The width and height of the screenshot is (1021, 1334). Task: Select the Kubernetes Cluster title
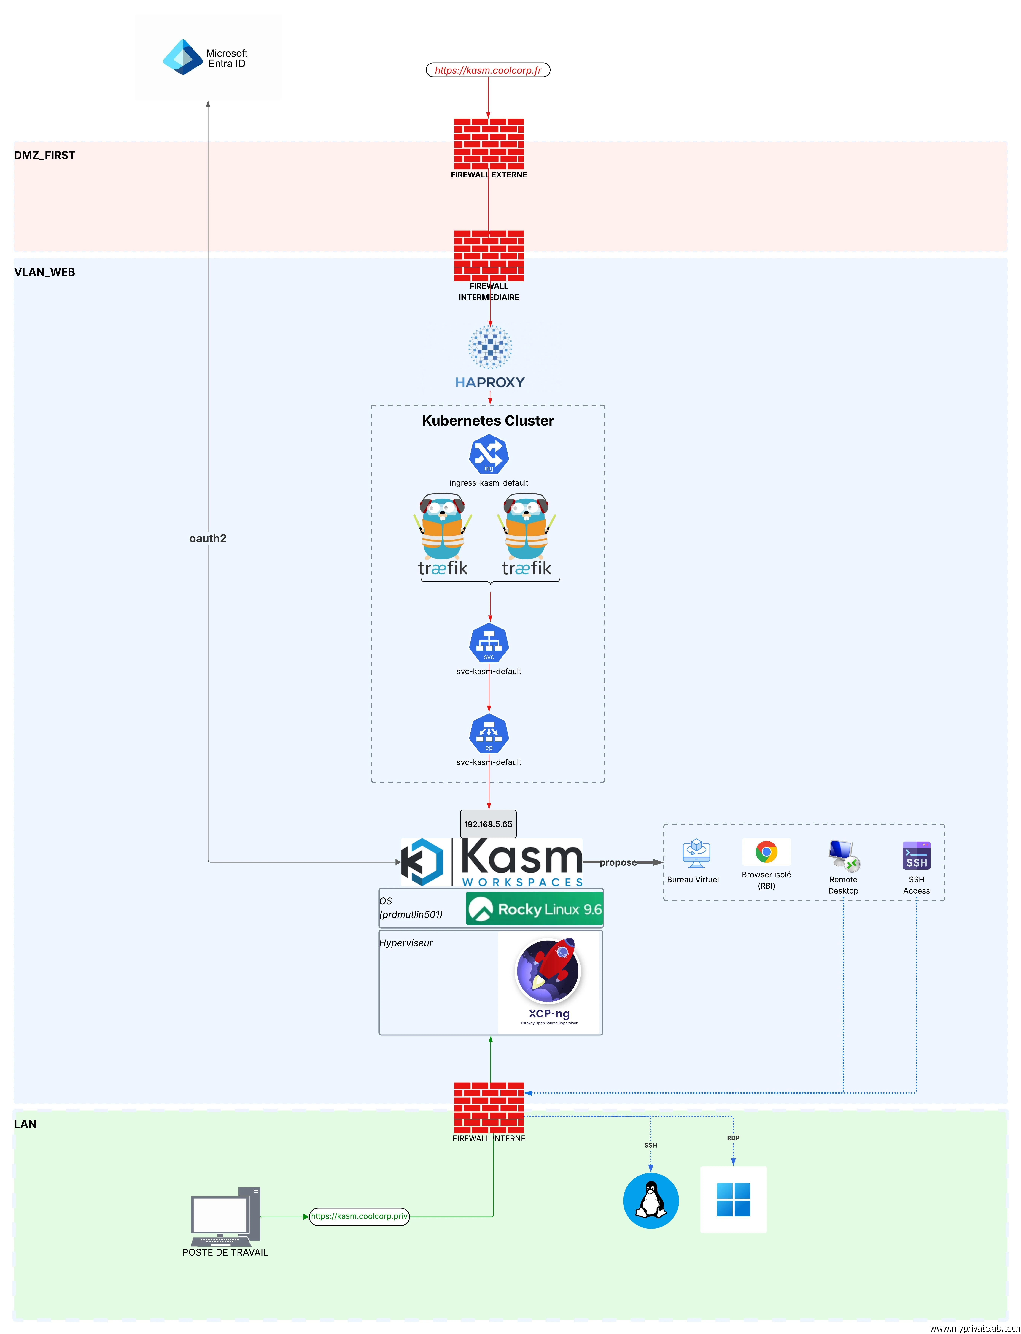488,421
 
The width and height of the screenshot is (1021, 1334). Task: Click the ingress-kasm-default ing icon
489,454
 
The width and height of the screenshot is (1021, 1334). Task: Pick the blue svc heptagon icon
489,642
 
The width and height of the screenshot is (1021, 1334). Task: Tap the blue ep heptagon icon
489,734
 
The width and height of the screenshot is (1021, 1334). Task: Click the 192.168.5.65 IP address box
488,824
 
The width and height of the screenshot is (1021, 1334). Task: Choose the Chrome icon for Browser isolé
766,852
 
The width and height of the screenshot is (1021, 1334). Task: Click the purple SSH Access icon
917,856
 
